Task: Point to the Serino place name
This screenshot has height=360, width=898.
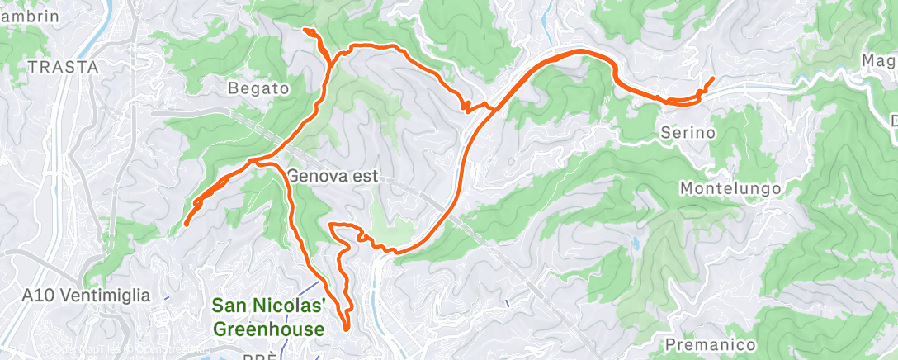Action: click(688, 132)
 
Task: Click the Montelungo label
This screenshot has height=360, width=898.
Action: click(730, 189)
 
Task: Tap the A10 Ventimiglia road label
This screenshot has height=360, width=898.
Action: click(87, 295)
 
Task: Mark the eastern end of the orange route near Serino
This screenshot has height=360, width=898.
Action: click(712, 78)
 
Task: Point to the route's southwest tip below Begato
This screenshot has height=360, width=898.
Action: click(186, 224)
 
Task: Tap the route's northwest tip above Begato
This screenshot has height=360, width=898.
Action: click(305, 30)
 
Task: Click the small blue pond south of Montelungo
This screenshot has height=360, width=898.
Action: click(636, 244)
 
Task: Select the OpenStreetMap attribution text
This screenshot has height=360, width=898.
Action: click(173, 352)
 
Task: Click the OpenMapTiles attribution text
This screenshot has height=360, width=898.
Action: click(95, 352)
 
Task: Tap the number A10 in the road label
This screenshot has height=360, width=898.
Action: click(38, 295)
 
